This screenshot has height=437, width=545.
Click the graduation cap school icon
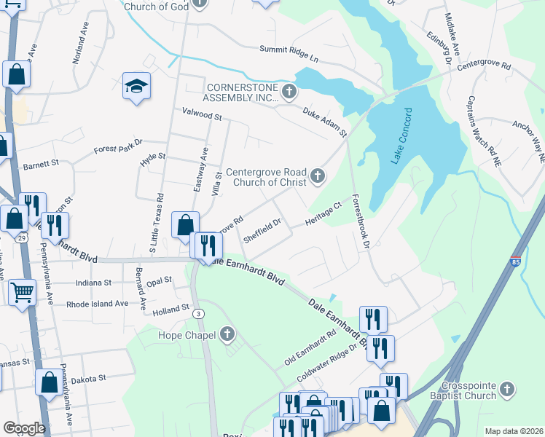click(136, 87)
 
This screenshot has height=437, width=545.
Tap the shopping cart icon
click(23, 292)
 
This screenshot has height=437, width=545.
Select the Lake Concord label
click(402, 136)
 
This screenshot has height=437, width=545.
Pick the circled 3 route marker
click(198, 313)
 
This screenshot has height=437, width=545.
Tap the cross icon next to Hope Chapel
click(227, 335)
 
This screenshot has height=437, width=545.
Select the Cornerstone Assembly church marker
click(290, 92)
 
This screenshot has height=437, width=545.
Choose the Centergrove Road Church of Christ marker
click(317, 176)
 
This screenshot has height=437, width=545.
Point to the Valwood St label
click(201, 114)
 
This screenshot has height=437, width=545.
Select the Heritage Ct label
click(323, 213)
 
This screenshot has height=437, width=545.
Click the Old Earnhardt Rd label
click(310, 348)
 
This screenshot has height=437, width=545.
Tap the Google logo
click(23, 428)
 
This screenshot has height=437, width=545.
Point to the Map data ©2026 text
click(514, 431)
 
